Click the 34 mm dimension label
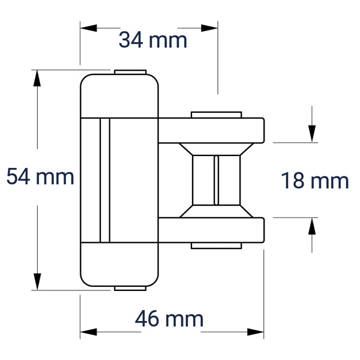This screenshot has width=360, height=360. click(153, 40)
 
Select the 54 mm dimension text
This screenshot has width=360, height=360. click(40, 176)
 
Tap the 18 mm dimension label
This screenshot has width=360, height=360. click(315, 181)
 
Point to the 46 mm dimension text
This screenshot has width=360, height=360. click(169, 319)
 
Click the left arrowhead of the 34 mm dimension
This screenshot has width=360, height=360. click(89, 28)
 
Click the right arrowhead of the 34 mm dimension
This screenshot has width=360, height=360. click(209, 28)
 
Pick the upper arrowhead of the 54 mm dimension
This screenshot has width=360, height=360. click(37, 78)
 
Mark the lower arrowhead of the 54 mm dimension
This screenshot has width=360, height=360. click(37, 282)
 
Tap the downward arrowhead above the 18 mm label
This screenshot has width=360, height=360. click(312, 134)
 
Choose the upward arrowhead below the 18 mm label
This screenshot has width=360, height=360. click(312, 226)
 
